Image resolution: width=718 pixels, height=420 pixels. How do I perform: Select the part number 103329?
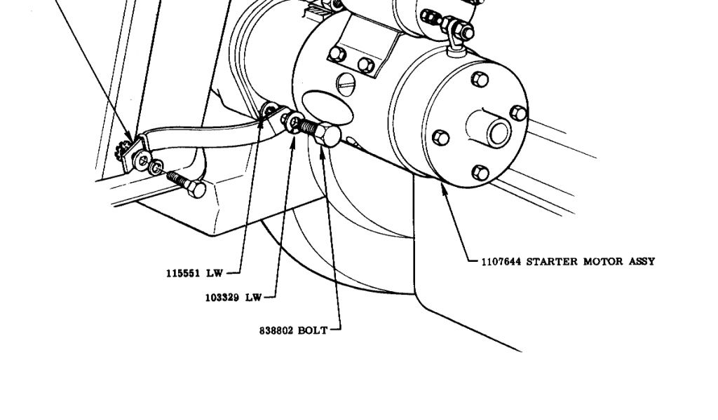click(222, 297)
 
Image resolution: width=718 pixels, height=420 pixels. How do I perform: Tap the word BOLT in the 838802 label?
click(313, 330)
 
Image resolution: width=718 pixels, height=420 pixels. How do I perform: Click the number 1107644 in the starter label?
click(501, 262)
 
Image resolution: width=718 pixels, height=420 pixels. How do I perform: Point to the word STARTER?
click(553, 262)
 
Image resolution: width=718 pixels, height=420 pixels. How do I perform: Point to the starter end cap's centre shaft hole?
click(499, 131)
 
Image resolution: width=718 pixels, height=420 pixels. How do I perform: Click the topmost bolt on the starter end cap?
click(479, 78)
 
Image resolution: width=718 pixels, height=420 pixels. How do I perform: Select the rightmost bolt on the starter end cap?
click(518, 112)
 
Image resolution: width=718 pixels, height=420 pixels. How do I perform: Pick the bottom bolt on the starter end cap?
click(480, 173)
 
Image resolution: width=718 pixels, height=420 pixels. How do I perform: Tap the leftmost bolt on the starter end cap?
click(441, 137)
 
